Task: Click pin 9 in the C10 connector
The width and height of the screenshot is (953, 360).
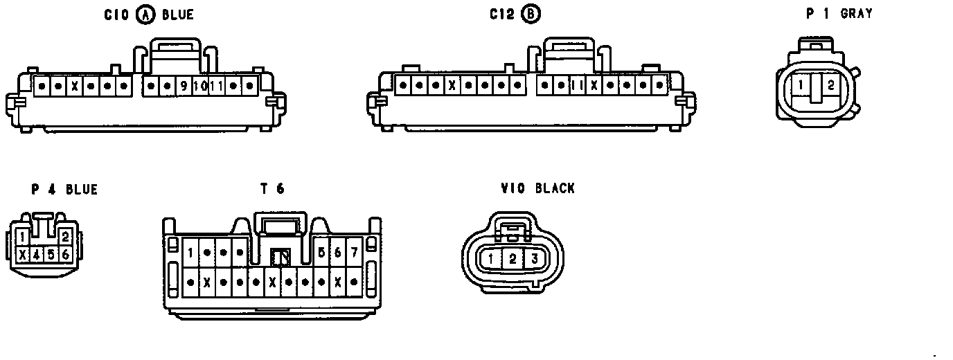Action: point(184,86)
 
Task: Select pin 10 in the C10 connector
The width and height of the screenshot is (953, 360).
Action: point(199,86)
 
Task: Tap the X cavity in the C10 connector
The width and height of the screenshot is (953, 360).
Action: point(75,86)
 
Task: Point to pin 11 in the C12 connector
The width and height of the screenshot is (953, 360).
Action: point(576,86)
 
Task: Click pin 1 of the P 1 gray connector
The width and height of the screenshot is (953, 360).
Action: point(801,86)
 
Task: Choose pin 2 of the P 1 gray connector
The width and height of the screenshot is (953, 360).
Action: point(831,86)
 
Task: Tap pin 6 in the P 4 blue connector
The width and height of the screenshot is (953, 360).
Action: point(66,255)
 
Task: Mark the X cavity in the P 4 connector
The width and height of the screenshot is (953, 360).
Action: point(24,255)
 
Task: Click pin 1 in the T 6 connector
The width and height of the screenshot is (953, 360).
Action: point(190,252)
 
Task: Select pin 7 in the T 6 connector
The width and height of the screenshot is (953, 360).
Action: point(354,252)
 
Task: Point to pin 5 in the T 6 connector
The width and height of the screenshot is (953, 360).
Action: point(321,252)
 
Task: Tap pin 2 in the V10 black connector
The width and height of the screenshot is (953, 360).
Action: point(513,260)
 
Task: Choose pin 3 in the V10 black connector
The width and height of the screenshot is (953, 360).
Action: point(534,260)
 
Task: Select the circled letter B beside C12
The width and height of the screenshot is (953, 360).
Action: point(531,15)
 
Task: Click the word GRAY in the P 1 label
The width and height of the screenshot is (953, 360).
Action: point(856,13)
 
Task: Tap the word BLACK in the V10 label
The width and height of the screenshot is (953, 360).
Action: point(555,188)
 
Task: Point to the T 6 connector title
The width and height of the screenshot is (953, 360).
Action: point(272,188)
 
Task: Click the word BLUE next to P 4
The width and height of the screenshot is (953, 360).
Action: point(82,190)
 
